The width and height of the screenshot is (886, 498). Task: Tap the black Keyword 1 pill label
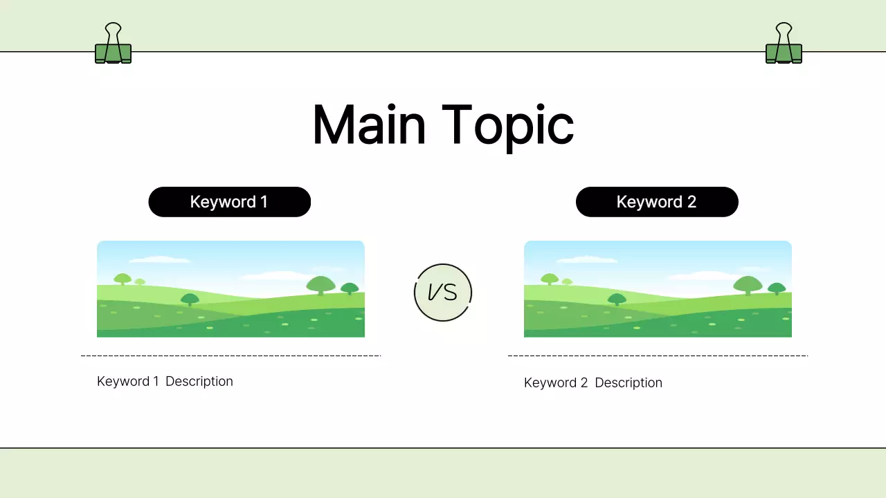(x=229, y=202)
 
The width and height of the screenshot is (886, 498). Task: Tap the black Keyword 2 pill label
(x=657, y=202)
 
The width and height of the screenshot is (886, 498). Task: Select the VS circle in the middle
(x=443, y=293)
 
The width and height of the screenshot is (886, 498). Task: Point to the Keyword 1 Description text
(x=165, y=381)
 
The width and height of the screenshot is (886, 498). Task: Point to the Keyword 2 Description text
(x=593, y=382)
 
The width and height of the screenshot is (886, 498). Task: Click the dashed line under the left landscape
(x=230, y=356)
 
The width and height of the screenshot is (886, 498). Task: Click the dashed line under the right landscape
(x=658, y=356)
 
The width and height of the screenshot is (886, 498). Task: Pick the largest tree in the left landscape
(x=320, y=284)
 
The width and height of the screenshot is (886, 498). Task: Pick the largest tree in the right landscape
(x=748, y=284)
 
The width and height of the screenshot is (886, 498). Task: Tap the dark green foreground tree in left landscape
(x=190, y=299)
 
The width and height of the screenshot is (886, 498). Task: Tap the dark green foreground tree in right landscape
(x=617, y=299)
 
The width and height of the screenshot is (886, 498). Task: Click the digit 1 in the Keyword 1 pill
(x=264, y=202)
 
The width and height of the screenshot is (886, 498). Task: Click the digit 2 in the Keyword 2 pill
(x=691, y=202)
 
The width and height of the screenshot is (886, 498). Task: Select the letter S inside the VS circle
(x=451, y=293)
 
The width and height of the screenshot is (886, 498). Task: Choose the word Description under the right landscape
(x=629, y=382)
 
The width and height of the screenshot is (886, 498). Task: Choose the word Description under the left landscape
(x=199, y=381)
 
